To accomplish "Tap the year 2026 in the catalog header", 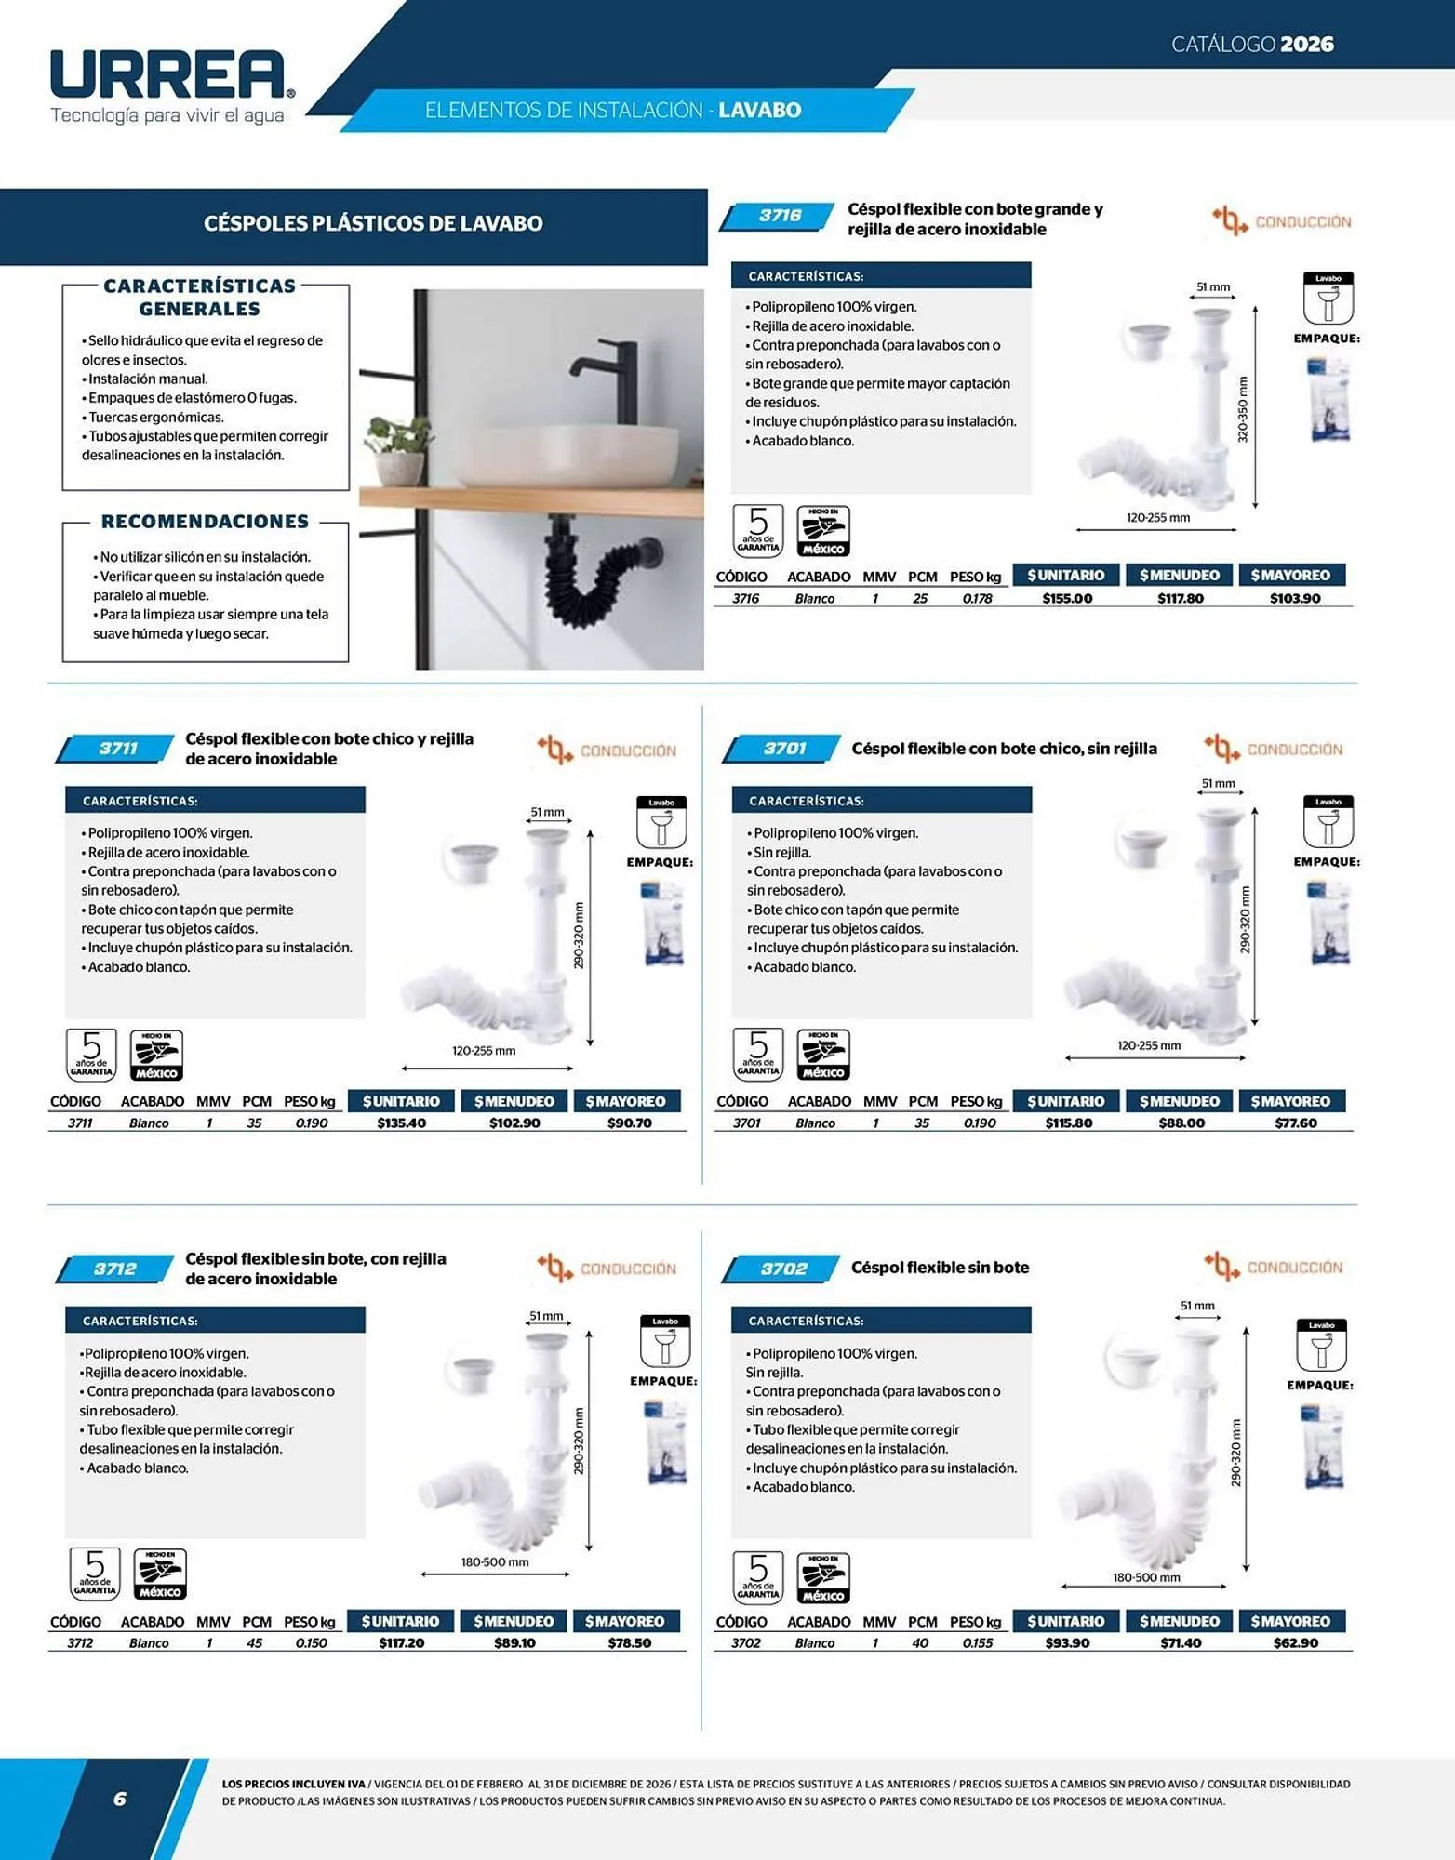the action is tap(1306, 44).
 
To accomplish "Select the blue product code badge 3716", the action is tap(778, 217).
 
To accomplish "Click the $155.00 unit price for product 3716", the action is tap(1067, 599).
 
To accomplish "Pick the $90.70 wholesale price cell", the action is tap(630, 1123).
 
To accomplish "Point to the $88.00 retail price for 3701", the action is tap(1181, 1123).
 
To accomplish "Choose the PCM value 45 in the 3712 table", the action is tap(254, 1643).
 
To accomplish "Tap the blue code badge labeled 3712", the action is tap(114, 1269).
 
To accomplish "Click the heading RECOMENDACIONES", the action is tap(205, 522).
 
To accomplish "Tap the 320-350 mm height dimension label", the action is tap(1243, 409).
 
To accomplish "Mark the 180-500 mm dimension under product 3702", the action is tap(1146, 1577).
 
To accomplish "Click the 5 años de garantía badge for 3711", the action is tap(91, 1055).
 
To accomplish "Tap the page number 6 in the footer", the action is tap(119, 1800).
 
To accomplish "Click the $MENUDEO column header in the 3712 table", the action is tap(514, 1622).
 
